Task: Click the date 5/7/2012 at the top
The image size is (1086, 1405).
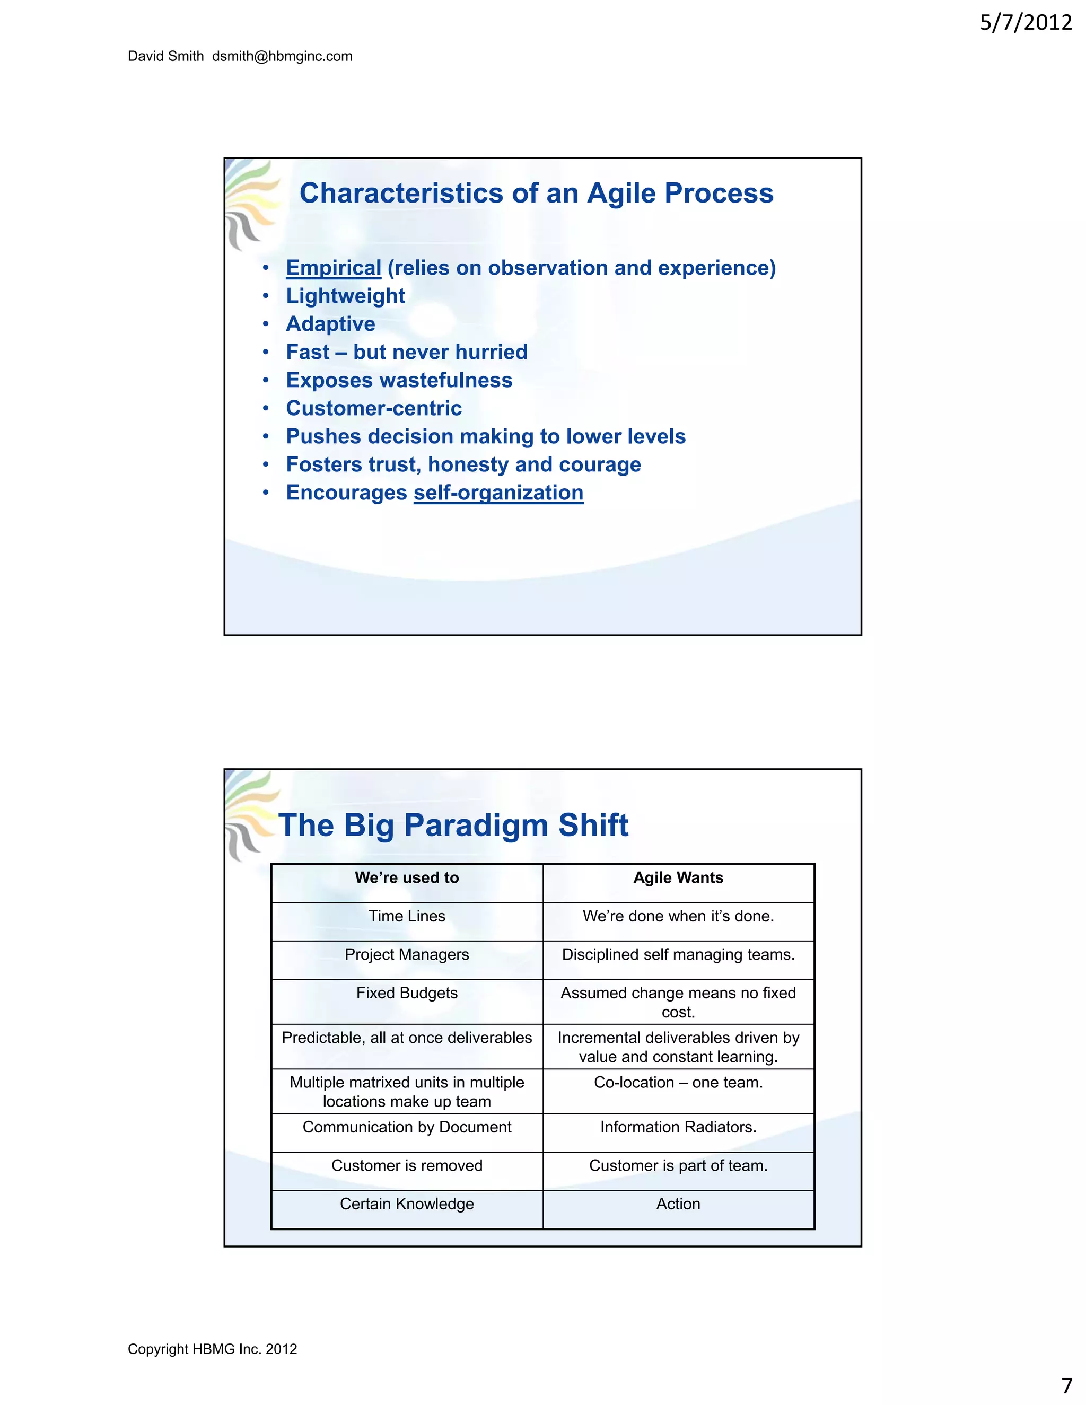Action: point(1026,23)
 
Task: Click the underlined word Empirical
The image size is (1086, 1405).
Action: point(333,268)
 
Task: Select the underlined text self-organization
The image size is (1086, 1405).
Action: point(498,493)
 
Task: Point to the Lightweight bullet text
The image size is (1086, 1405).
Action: point(346,296)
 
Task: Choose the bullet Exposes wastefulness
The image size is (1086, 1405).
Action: point(399,380)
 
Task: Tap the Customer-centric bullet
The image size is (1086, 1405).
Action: point(374,408)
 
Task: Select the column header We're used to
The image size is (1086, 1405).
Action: point(407,878)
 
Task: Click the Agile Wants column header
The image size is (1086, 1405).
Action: point(678,878)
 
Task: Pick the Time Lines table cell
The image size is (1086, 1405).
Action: point(407,916)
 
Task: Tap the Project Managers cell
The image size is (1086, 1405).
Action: point(407,955)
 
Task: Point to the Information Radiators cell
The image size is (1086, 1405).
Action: point(678,1127)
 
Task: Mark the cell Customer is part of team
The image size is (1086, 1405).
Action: point(678,1166)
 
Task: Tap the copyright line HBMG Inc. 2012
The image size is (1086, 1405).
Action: point(212,1349)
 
